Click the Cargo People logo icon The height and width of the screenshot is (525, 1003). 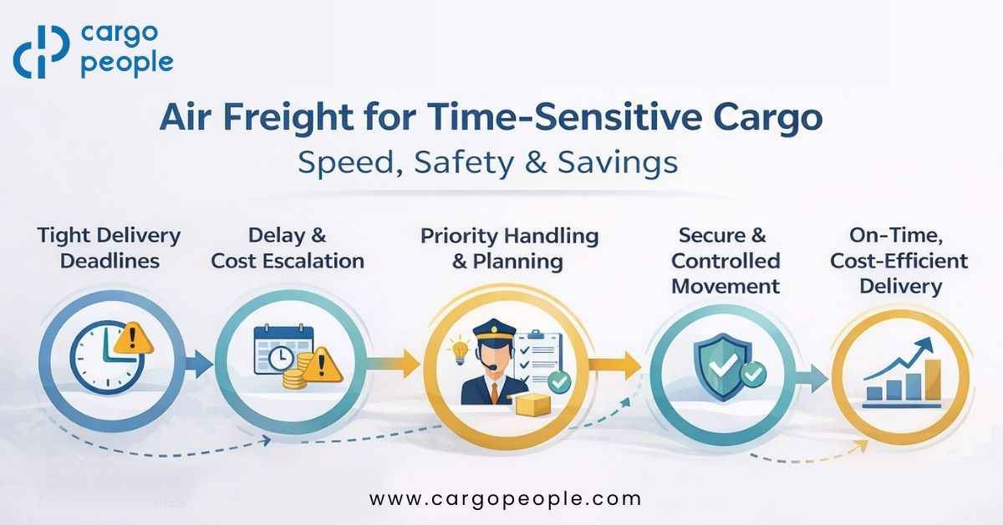coord(41,52)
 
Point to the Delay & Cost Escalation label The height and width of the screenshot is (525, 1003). coord(288,247)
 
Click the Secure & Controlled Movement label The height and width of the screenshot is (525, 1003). coord(726,261)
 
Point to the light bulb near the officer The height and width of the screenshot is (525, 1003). coord(456,346)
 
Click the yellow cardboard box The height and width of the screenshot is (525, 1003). coord(532,405)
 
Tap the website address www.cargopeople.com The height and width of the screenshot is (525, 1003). coord(505,499)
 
